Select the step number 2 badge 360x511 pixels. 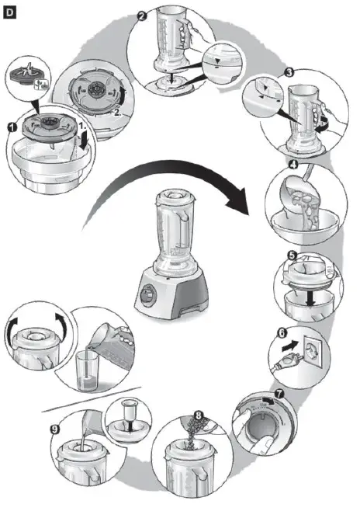tap(141, 16)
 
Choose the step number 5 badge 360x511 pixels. tap(290, 255)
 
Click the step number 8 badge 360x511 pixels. tap(199, 416)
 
